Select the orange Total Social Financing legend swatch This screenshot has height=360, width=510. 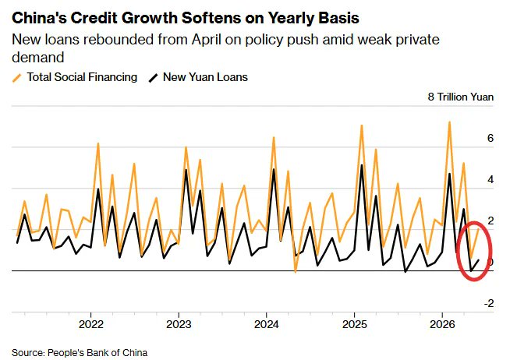click(x=16, y=78)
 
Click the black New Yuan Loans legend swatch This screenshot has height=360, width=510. click(x=153, y=78)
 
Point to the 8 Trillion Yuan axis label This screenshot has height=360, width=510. click(x=461, y=97)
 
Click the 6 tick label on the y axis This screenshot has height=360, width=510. click(x=491, y=138)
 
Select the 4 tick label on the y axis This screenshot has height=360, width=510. click(x=491, y=179)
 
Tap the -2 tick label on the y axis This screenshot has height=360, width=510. click(x=489, y=303)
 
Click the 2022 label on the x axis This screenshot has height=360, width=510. click(x=91, y=324)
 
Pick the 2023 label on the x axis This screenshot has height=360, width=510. click(x=179, y=324)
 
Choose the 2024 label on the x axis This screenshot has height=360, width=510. click(x=267, y=324)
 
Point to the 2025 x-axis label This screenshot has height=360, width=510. click(x=354, y=324)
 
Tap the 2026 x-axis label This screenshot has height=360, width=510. click(x=442, y=324)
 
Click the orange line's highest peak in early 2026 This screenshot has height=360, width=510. click(x=449, y=122)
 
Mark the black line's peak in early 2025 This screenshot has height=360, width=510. click(x=362, y=165)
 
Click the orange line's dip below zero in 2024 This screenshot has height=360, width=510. click(x=296, y=272)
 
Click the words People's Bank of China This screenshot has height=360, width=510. click(x=97, y=352)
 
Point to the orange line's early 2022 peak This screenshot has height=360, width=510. click(x=98, y=143)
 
